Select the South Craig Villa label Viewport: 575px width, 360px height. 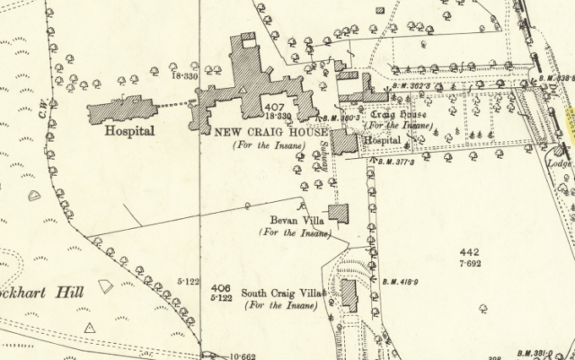[281, 294]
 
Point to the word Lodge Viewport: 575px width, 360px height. [559, 164]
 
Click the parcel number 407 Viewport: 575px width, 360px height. [275, 107]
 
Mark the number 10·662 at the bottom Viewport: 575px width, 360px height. [243, 355]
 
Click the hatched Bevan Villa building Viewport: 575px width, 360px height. [339, 214]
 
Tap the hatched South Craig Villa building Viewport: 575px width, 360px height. [349, 295]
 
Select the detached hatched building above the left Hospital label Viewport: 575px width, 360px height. [121, 110]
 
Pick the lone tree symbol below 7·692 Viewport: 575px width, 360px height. [483, 308]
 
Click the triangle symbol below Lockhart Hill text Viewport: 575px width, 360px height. [89, 329]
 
